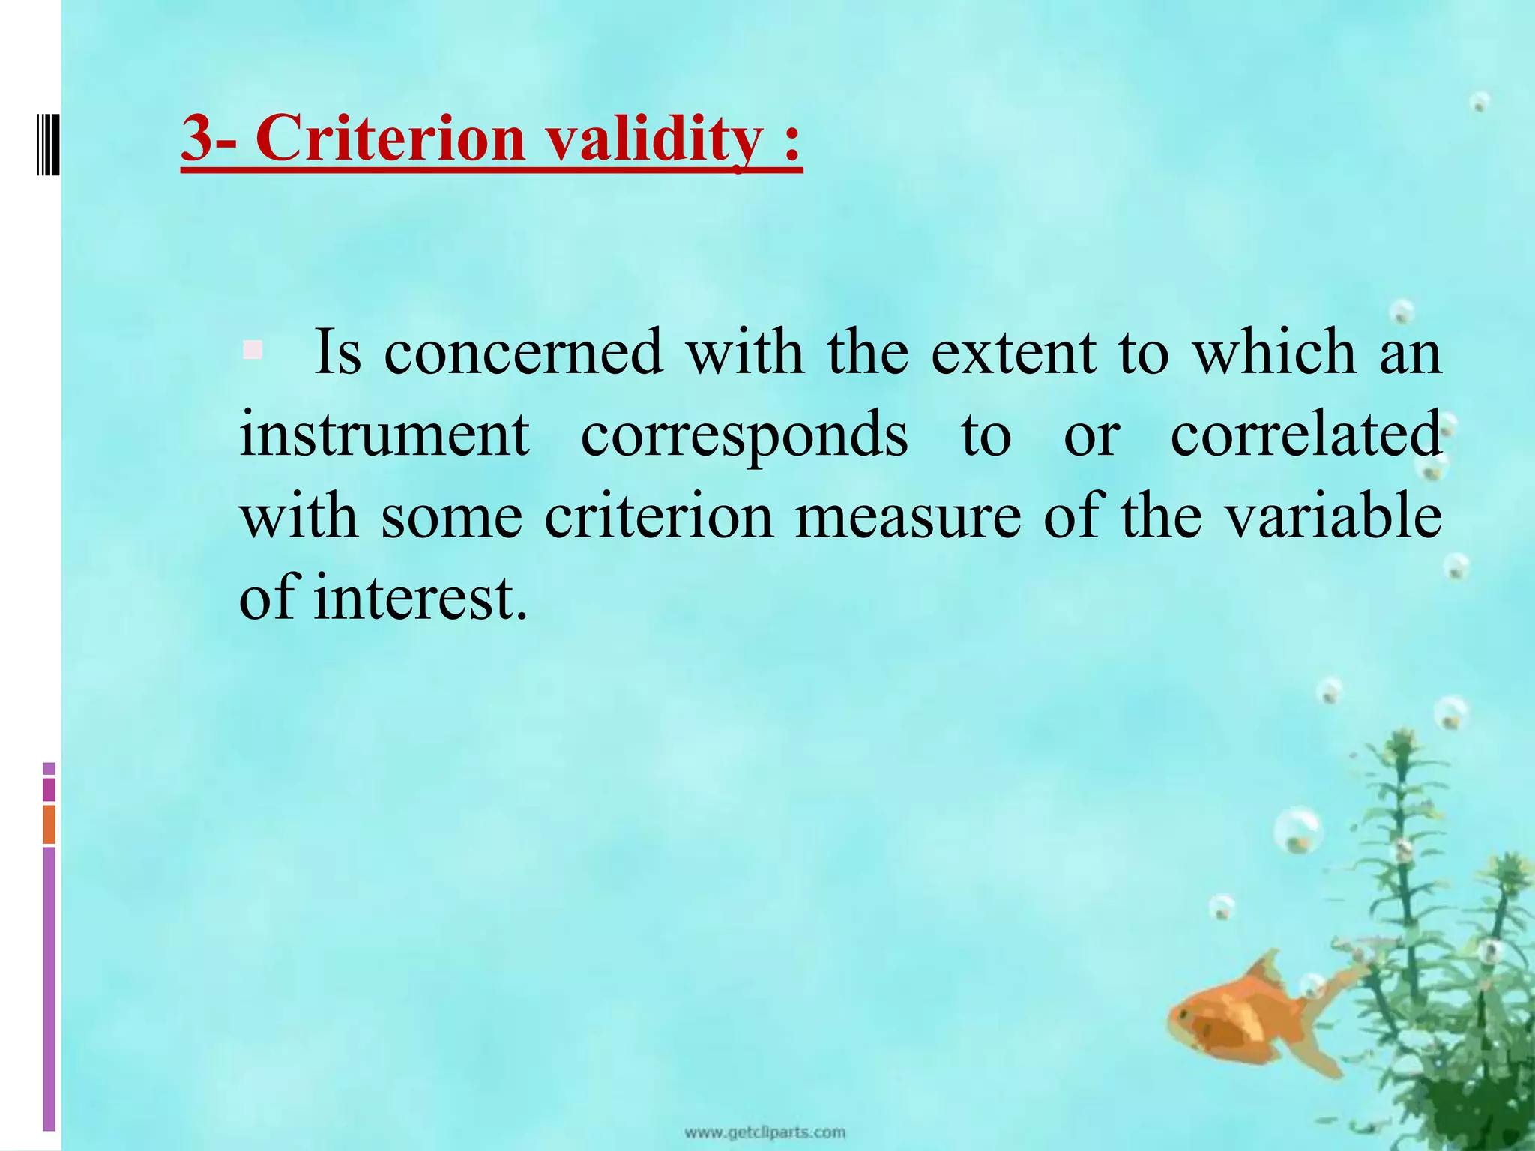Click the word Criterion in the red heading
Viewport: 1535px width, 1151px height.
coord(390,139)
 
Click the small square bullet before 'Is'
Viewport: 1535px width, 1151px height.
coord(253,350)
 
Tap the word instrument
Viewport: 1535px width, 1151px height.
coord(384,435)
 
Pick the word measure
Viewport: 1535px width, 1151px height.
coord(908,517)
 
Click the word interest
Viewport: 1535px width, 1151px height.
coord(420,599)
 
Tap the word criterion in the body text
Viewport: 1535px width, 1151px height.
coord(658,517)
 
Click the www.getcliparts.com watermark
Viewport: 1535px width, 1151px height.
coord(765,1132)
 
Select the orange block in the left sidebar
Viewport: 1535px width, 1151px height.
coord(49,824)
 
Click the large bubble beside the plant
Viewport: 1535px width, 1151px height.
coord(1298,830)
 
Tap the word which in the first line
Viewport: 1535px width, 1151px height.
coord(1274,352)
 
